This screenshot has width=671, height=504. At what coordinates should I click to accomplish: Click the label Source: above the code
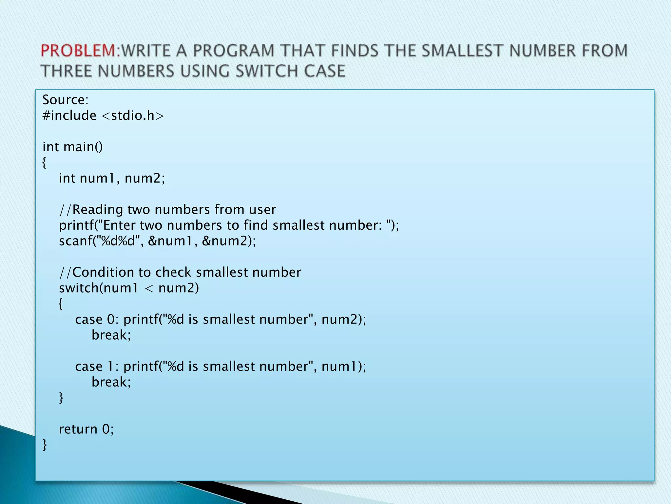tap(66, 100)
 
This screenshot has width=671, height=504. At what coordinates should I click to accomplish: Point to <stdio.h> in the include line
tap(132, 115)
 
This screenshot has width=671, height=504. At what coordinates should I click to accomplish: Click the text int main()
tap(72, 147)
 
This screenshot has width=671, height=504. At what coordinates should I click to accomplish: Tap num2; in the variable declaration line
tap(145, 178)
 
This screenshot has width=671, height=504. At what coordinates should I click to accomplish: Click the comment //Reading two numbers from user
tap(167, 210)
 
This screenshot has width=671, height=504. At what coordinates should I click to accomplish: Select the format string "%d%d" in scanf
tap(117, 241)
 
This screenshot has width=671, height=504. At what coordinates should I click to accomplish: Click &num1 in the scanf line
tap(170, 241)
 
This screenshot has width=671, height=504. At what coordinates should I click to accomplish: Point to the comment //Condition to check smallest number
tap(180, 272)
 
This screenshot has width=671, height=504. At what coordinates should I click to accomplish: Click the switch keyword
tap(79, 288)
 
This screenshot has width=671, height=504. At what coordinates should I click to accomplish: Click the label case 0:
tap(97, 319)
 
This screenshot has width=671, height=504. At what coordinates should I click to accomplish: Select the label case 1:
tap(97, 367)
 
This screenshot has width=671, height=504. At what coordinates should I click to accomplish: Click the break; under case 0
tap(111, 335)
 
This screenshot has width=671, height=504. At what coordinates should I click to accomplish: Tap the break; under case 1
tap(111, 382)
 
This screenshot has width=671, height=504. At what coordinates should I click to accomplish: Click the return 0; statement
tap(86, 429)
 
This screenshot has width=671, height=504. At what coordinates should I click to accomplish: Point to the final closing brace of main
tap(45, 445)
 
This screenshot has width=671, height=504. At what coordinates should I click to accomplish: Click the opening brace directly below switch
tap(61, 304)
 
